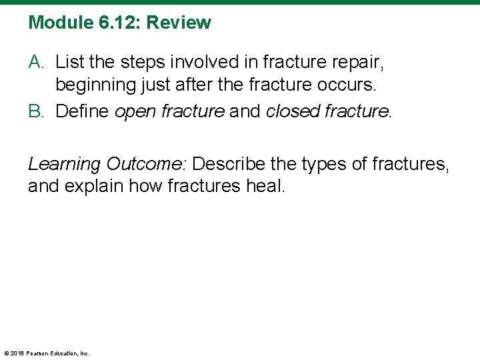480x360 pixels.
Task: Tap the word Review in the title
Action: tap(179, 23)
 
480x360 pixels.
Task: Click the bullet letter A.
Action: tap(37, 63)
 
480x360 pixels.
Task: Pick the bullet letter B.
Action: tap(37, 111)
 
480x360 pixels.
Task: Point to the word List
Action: tap(69, 63)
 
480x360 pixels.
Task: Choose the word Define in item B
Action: tap(83, 111)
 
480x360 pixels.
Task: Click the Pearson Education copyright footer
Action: tap(47, 353)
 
